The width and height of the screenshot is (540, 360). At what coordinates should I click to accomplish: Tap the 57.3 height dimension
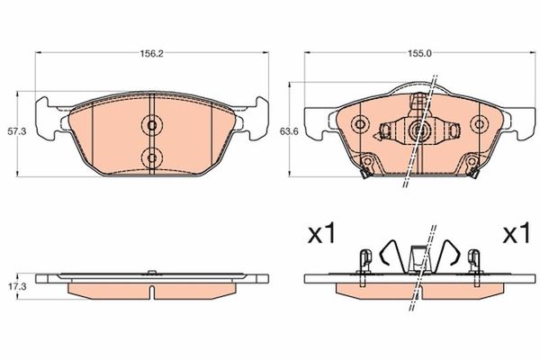pyautogui.click(x=13, y=130)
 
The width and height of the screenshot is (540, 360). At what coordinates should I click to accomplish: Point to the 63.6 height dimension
pyautogui.click(x=288, y=130)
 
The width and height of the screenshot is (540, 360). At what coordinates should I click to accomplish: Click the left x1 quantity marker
pyautogui.click(x=321, y=236)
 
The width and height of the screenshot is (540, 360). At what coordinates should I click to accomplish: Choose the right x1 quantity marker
pyautogui.click(x=514, y=236)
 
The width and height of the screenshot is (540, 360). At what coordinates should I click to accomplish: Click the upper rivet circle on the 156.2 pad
pyautogui.click(x=151, y=125)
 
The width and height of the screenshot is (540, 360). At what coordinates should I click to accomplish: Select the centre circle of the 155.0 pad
pyautogui.click(x=420, y=131)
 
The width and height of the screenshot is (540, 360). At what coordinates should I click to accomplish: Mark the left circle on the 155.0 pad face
pyautogui.click(x=361, y=124)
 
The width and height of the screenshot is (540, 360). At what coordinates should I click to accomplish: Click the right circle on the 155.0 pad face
pyautogui.click(x=481, y=124)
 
